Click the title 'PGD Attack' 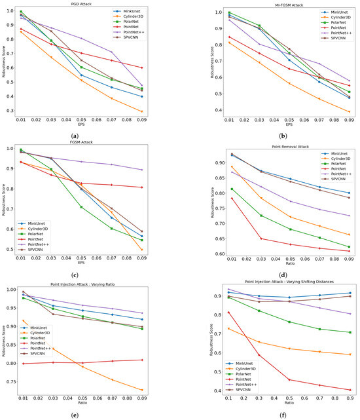(89, 4)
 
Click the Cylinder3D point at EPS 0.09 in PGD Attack (160, 111)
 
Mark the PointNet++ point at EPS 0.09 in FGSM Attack (160, 170)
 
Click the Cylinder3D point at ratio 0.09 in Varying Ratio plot (160, 391)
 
